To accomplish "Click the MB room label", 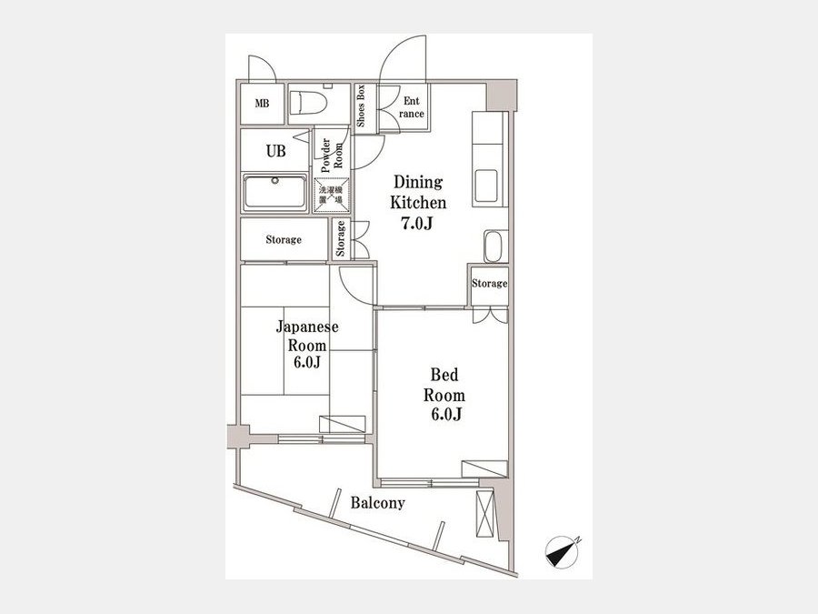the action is click(x=262, y=104).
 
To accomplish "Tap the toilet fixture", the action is click(x=308, y=102).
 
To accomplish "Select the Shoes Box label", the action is click(x=361, y=106).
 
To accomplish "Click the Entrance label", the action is click(x=411, y=107).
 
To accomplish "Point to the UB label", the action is click(x=276, y=151).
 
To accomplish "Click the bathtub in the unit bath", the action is click(x=274, y=192).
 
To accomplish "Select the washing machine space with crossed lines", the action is click(x=331, y=195).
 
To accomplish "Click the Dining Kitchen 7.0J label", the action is click(x=418, y=203).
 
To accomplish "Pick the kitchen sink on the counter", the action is click(x=485, y=186).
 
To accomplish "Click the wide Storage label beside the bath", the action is click(x=284, y=239).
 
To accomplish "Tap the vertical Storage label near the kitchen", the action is click(x=341, y=238).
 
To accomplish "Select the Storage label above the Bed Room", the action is click(x=489, y=284).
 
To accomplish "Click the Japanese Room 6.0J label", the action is click(x=307, y=344).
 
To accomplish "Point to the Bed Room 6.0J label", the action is click(x=444, y=394).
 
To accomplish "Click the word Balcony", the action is click(x=378, y=503).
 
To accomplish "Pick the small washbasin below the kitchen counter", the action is click(x=493, y=246).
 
